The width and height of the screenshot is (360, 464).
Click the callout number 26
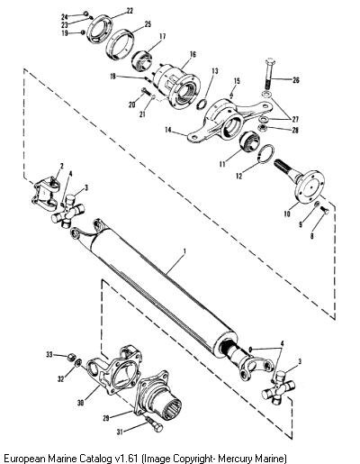[295, 80]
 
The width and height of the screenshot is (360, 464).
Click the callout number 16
[193, 54]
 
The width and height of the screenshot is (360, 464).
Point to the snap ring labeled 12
[265, 154]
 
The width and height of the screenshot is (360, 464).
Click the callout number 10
[287, 214]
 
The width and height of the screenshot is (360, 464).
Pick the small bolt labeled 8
[325, 210]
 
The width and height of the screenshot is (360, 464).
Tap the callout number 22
[130, 11]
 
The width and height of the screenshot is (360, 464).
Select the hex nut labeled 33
[70, 358]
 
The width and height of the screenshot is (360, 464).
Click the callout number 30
[80, 403]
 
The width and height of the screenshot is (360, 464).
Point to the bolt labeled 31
[155, 424]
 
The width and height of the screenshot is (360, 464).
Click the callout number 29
[106, 418]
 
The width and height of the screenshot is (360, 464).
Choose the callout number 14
[168, 130]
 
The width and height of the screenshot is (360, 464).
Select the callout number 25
[148, 24]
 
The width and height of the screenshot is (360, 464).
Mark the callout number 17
[163, 37]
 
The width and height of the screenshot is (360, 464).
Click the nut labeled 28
[263, 129]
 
